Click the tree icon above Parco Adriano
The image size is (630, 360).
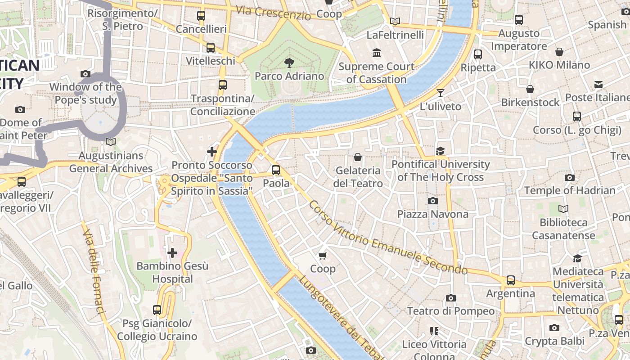[x=289, y=63]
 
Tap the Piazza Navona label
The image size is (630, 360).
[x=432, y=214]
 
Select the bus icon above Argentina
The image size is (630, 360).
[x=511, y=280]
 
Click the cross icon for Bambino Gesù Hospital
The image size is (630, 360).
[x=172, y=253]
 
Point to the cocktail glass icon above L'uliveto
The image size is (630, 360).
[x=440, y=93]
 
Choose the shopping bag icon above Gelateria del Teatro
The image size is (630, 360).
[x=358, y=157]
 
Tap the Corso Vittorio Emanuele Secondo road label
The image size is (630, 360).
[x=388, y=238]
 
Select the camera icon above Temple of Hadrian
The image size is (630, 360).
[x=570, y=178]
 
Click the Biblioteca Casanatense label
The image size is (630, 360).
[x=563, y=229]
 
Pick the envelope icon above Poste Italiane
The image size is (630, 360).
[x=598, y=85]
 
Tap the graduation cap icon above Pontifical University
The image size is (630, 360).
[x=440, y=151]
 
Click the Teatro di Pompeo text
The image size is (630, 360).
[x=450, y=311]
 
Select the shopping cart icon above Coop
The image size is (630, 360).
[x=322, y=256]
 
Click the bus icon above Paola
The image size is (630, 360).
[x=276, y=170]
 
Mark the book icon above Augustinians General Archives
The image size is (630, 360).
[x=110, y=142]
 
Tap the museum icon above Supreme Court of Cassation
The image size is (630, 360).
[x=377, y=54]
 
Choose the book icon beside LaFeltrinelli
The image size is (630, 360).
[x=395, y=21]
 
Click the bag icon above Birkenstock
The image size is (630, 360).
[x=530, y=89]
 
